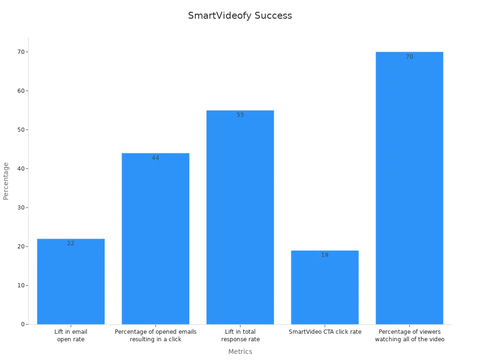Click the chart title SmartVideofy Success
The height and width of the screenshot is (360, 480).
point(240,15)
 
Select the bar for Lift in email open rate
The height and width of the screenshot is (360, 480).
point(71,281)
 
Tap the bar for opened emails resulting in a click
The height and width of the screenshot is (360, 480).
point(156,239)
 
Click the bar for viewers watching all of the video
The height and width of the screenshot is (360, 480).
point(409,188)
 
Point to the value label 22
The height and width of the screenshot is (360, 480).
point(71,243)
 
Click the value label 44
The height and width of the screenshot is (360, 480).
point(156,158)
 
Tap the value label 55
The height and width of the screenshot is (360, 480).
point(240,115)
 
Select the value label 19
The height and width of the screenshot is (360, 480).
point(325,255)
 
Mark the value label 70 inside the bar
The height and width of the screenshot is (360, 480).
point(409,57)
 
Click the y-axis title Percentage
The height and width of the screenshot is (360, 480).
point(6,181)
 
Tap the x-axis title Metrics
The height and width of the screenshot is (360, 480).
point(240,352)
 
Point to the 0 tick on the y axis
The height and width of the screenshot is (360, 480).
point(22,324)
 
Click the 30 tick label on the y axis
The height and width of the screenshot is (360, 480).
point(21,208)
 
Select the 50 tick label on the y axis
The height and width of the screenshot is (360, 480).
point(21,130)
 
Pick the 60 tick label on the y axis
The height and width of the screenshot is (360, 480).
point(21,91)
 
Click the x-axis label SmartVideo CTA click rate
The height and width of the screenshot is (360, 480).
point(325,332)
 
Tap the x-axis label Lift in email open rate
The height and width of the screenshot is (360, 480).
point(71,335)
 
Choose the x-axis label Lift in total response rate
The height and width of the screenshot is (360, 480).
point(240,335)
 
